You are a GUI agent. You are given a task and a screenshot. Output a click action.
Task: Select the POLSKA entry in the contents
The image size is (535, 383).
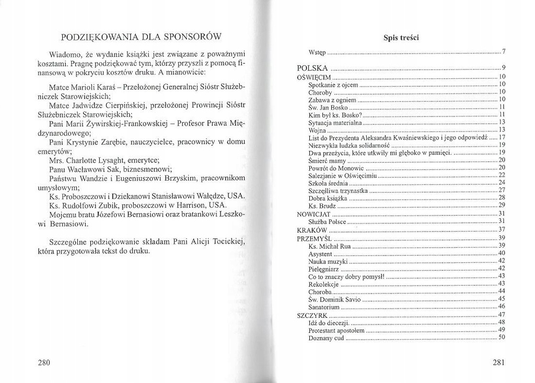[x=312, y=68]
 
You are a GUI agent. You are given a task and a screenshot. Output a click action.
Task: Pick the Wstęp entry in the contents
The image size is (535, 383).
[x=317, y=52]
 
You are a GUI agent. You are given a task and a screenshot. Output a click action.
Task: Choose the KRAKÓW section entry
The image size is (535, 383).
[x=312, y=230]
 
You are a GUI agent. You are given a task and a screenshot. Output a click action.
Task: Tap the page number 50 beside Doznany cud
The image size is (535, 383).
[x=502, y=338]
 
